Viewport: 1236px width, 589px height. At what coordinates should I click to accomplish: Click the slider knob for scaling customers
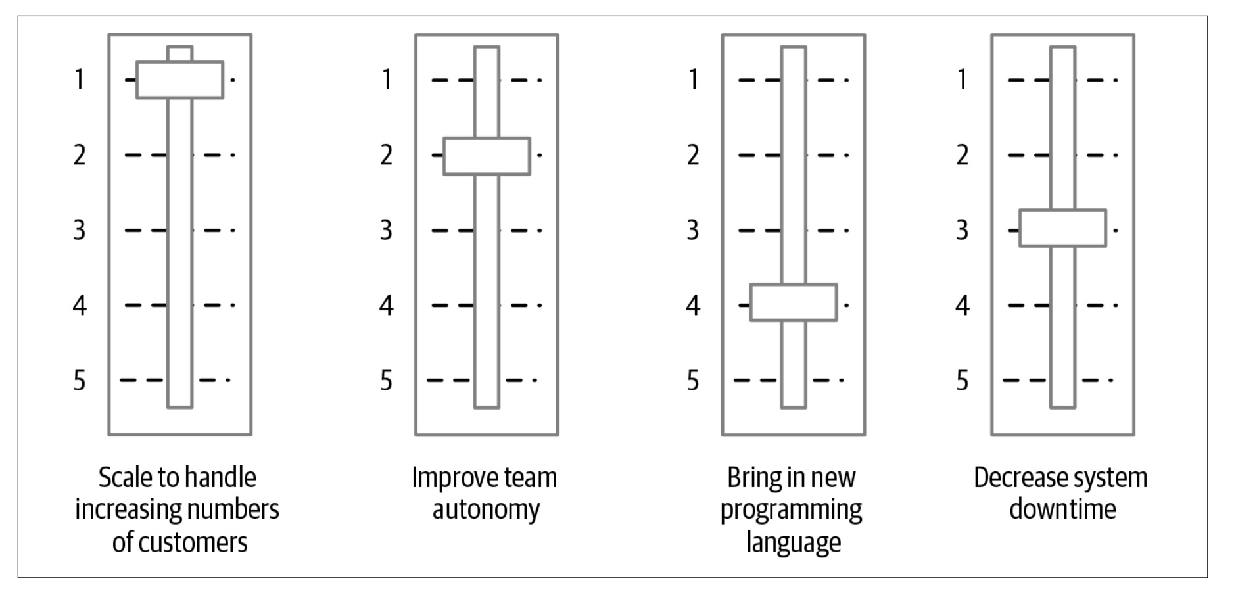(x=179, y=80)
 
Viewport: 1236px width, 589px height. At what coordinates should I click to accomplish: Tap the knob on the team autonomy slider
(x=487, y=156)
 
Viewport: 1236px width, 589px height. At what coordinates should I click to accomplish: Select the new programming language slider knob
(x=794, y=302)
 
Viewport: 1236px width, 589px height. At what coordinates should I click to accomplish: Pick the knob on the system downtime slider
(x=1062, y=228)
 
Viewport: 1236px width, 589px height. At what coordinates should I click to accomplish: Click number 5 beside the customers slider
(x=80, y=381)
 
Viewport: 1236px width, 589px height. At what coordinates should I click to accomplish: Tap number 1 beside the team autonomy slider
(x=387, y=80)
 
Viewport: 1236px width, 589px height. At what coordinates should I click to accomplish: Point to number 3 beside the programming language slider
(x=693, y=230)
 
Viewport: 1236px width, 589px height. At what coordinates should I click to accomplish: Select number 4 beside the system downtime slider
(x=963, y=305)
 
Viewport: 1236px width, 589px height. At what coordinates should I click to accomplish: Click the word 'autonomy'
(x=486, y=509)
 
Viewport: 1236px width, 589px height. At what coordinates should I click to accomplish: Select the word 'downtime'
(x=1062, y=509)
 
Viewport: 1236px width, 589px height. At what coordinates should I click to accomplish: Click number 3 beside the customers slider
(x=80, y=230)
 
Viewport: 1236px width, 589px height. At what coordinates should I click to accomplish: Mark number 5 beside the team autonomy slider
(x=387, y=381)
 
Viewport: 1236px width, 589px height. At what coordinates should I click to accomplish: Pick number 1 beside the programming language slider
(x=693, y=80)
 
